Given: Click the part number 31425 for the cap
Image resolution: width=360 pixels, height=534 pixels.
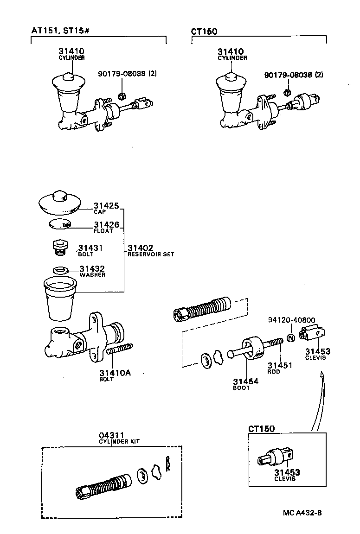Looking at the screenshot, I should (x=106, y=205).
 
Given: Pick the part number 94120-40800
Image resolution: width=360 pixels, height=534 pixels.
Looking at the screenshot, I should (x=292, y=320).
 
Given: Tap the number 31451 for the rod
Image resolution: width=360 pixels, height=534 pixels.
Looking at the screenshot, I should (x=279, y=365).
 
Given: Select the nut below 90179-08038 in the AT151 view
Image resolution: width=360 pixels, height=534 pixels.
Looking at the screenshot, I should (x=122, y=96).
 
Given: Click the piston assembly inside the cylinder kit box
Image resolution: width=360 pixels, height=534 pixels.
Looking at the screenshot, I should (x=104, y=485).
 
